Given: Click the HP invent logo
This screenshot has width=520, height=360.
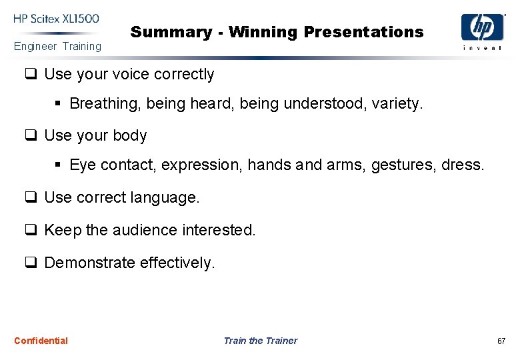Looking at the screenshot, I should (482, 31).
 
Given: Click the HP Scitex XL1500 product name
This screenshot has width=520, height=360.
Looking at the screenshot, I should (55, 18).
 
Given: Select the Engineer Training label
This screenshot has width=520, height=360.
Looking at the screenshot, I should (58, 46).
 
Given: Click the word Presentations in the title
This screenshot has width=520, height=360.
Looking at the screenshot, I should (363, 32).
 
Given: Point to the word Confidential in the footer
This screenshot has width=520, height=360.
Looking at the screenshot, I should (41, 341).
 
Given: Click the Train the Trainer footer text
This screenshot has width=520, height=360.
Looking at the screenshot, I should (260, 341).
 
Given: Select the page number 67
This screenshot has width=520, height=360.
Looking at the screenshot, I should (501, 341).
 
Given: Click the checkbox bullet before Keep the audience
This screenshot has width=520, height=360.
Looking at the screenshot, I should (31, 231).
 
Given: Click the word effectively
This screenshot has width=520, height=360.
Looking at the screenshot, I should (177, 263).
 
